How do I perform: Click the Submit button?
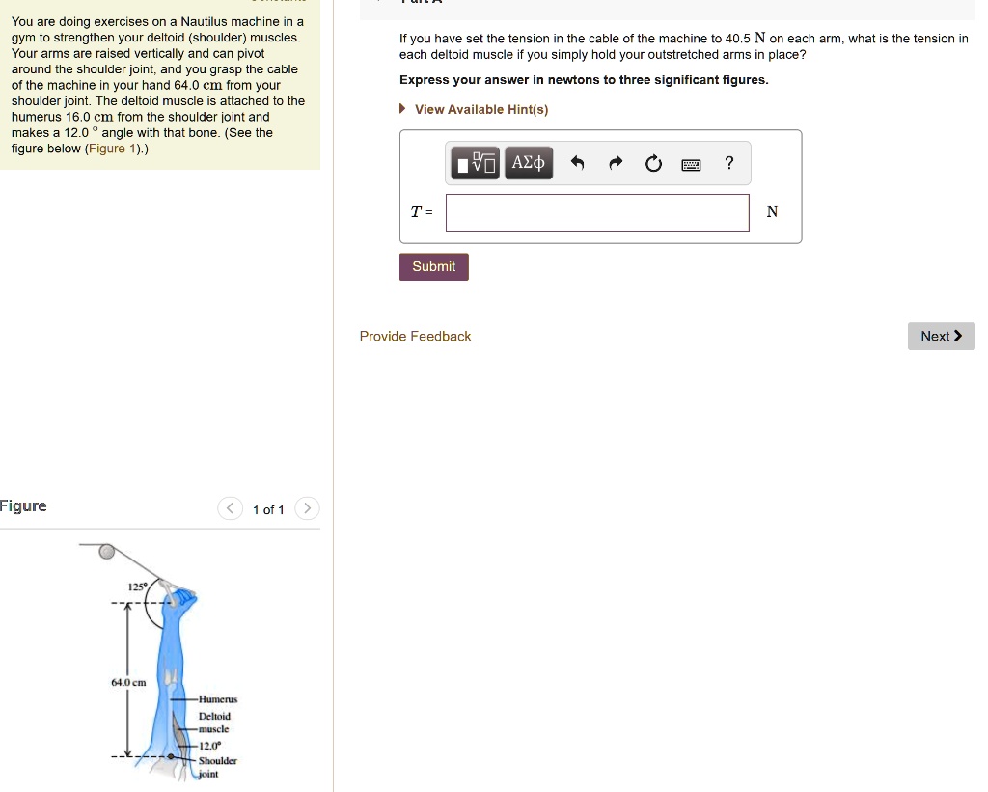coord(433,266)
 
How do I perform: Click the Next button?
coord(941,337)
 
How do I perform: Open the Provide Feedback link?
coord(415,337)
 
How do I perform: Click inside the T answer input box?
coord(597,213)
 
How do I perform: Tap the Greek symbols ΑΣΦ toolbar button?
coord(529,163)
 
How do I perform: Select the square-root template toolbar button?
coord(475,163)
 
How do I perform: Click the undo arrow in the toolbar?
coord(577,163)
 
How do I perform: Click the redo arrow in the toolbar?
coord(616,163)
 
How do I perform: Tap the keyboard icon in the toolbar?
coord(691,164)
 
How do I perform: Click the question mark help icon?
coord(729,163)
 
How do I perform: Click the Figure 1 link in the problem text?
coord(112,149)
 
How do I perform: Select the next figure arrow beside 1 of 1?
coord(307,508)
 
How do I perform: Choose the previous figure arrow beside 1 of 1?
coord(230,508)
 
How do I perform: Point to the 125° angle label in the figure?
coord(137,587)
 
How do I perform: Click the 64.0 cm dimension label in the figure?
coord(128,682)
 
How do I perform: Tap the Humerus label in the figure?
coord(218,699)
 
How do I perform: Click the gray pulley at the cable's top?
coord(107,552)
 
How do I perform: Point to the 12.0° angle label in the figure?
coord(209,746)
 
